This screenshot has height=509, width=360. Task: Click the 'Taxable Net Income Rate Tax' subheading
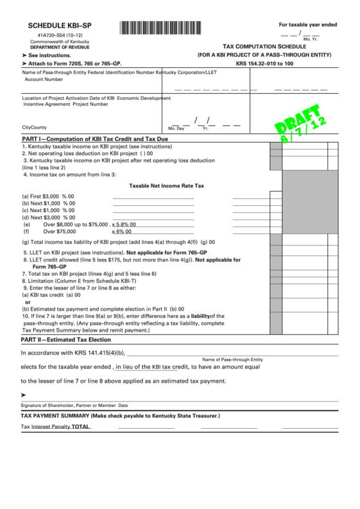click(166, 185)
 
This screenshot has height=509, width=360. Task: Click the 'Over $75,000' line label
click(60, 231)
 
